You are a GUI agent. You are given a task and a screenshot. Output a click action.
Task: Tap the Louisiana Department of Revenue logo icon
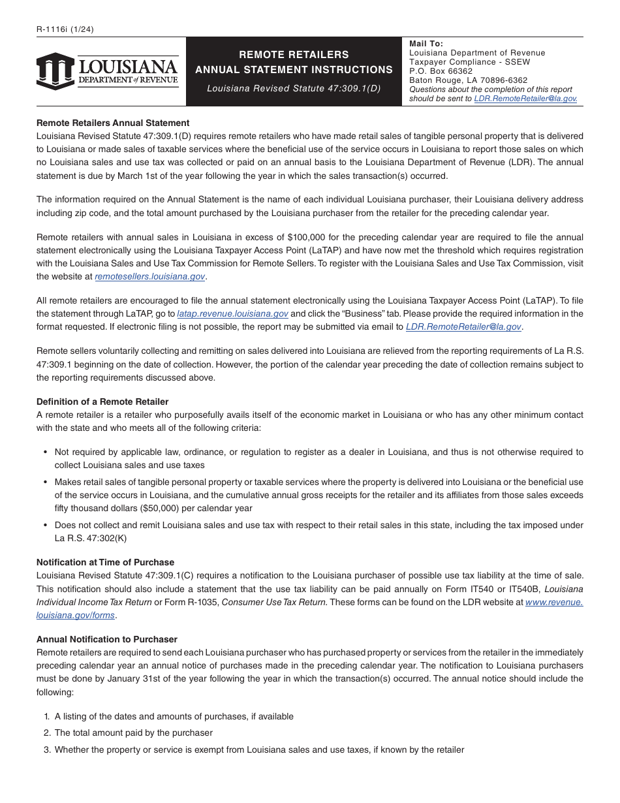pos(55,71)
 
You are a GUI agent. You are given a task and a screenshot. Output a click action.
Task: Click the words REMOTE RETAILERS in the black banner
pos(294,55)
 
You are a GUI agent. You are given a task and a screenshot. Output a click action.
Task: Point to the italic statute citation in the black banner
pos(294,88)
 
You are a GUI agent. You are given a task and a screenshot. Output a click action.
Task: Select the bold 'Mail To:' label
pos(426,44)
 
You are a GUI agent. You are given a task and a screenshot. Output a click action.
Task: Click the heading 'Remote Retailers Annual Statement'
pos(113,123)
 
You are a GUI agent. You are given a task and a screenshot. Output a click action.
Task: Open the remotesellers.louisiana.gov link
pos(150,276)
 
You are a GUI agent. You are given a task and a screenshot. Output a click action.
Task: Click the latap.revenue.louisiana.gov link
pos(232,313)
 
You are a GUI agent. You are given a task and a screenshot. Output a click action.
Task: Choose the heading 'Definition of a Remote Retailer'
pos(102,401)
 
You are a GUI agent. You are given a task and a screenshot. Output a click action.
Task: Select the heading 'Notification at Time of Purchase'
pos(105,562)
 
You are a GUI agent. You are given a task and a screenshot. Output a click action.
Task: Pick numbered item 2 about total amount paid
pos(133,733)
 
